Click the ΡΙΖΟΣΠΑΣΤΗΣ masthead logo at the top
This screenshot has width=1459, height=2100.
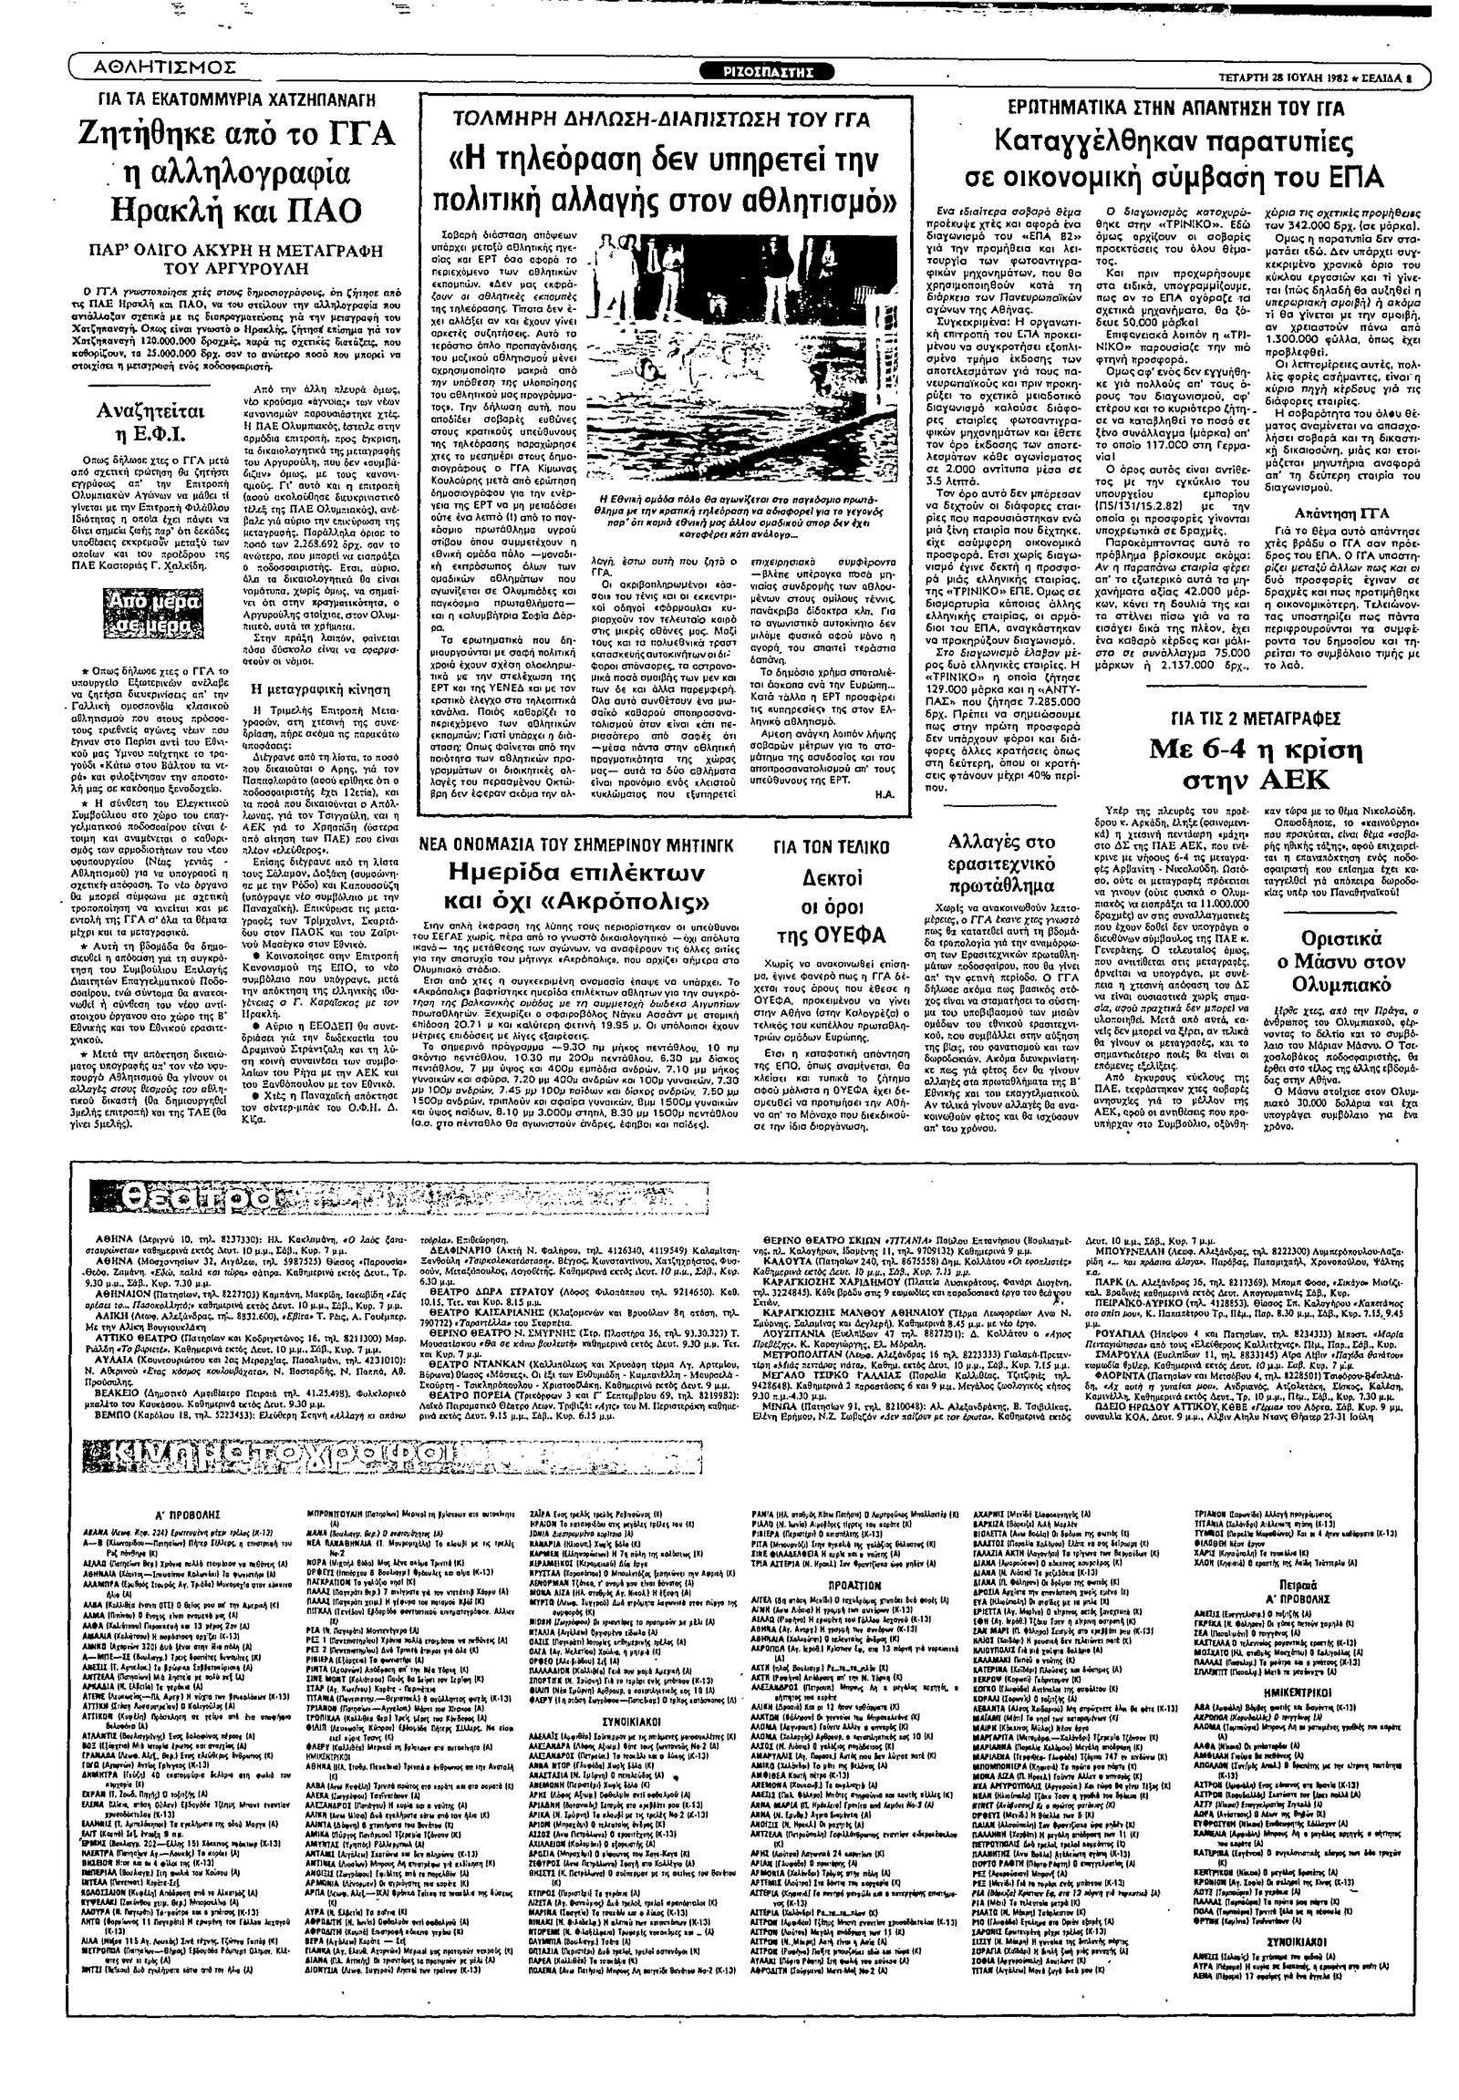point(766,73)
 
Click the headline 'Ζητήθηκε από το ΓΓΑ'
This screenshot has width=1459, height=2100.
point(237,134)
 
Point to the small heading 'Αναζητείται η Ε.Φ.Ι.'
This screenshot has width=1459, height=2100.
point(150,420)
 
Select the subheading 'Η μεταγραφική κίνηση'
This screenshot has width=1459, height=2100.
point(308,688)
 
